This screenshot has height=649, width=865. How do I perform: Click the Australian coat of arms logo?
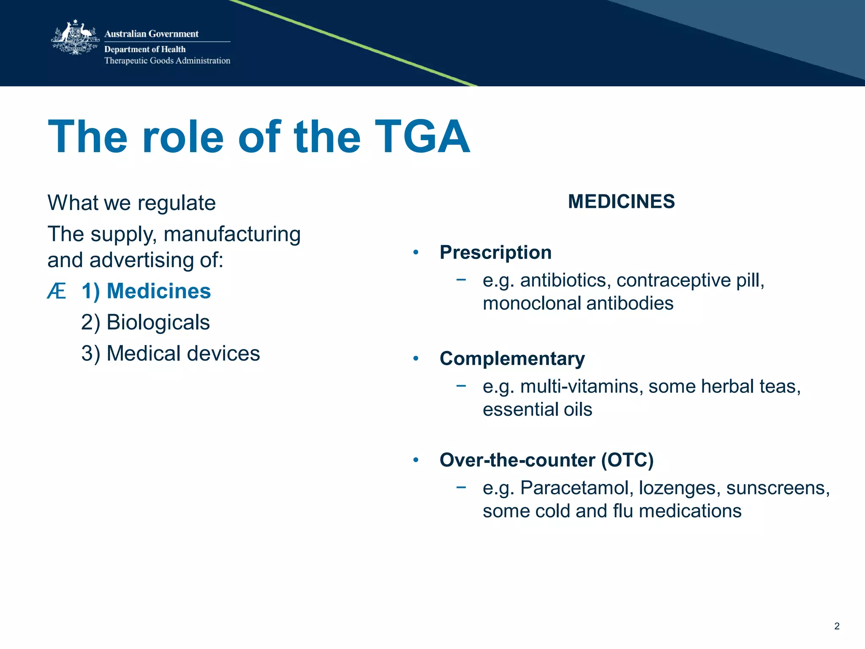(x=75, y=38)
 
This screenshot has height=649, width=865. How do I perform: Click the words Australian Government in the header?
(x=151, y=34)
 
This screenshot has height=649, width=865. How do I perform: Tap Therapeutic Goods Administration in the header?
(x=167, y=60)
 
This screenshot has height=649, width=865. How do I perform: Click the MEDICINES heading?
(x=621, y=202)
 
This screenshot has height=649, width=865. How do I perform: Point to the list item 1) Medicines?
(x=146, y=291)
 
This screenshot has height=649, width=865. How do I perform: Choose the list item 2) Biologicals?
(x=145, y=322)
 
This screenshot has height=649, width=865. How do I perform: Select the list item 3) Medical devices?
(x=171, y=353)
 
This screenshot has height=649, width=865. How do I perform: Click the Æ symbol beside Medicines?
(x=57, y=291)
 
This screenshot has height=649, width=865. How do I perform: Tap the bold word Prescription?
(x=495, y=253)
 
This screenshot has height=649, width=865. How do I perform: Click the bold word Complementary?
(x=512, y=359)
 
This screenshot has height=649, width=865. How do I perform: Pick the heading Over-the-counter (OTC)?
(x=547, y=460)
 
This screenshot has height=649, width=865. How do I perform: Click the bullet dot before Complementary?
(x=416, y=359)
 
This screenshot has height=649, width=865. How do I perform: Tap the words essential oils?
(x=537, y=409)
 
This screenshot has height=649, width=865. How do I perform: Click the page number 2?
(x=837, y=626)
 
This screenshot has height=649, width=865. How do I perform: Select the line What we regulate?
(x=131, y=203)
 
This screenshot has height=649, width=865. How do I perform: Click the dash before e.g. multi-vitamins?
(x=461, y=385)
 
